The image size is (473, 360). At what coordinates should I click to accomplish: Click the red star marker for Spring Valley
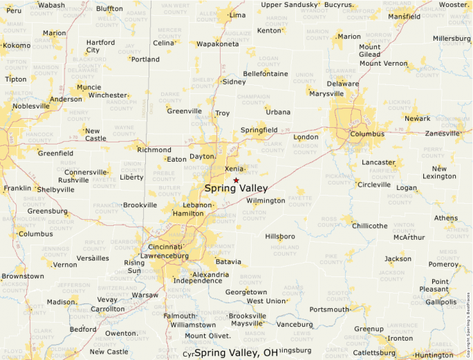(x=236, y=180)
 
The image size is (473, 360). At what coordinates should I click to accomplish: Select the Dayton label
(x=203, y=157)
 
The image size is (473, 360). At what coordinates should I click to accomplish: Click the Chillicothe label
(x=370, y=226)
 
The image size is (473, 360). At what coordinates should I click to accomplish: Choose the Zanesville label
(x=441, y=133)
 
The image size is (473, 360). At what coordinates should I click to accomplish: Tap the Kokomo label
(x=17, y=46)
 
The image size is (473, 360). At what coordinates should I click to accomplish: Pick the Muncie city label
(x=89, y=87)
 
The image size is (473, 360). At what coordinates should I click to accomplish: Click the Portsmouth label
(x=329, y=310)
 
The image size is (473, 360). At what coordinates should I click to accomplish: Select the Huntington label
(x=435, y=355)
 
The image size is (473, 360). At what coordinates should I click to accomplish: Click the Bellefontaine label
(x=265, y=73)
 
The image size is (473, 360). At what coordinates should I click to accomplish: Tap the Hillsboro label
(x=280, y=236)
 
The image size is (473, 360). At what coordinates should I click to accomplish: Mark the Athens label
(x=445, y=218)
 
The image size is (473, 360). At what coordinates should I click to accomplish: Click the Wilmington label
(x=266, y=200)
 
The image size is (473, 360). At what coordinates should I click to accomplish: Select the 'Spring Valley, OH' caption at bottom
(x=236, y=353)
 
